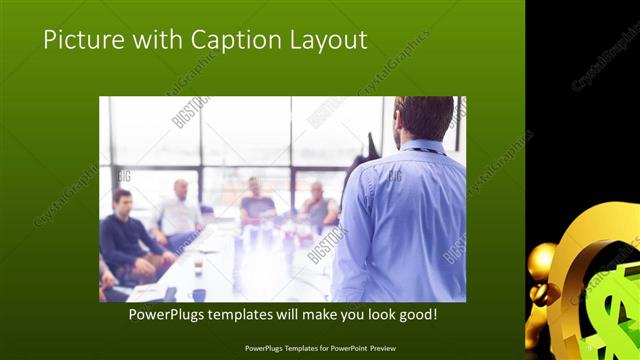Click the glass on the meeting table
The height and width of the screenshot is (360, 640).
pos(198,265)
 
